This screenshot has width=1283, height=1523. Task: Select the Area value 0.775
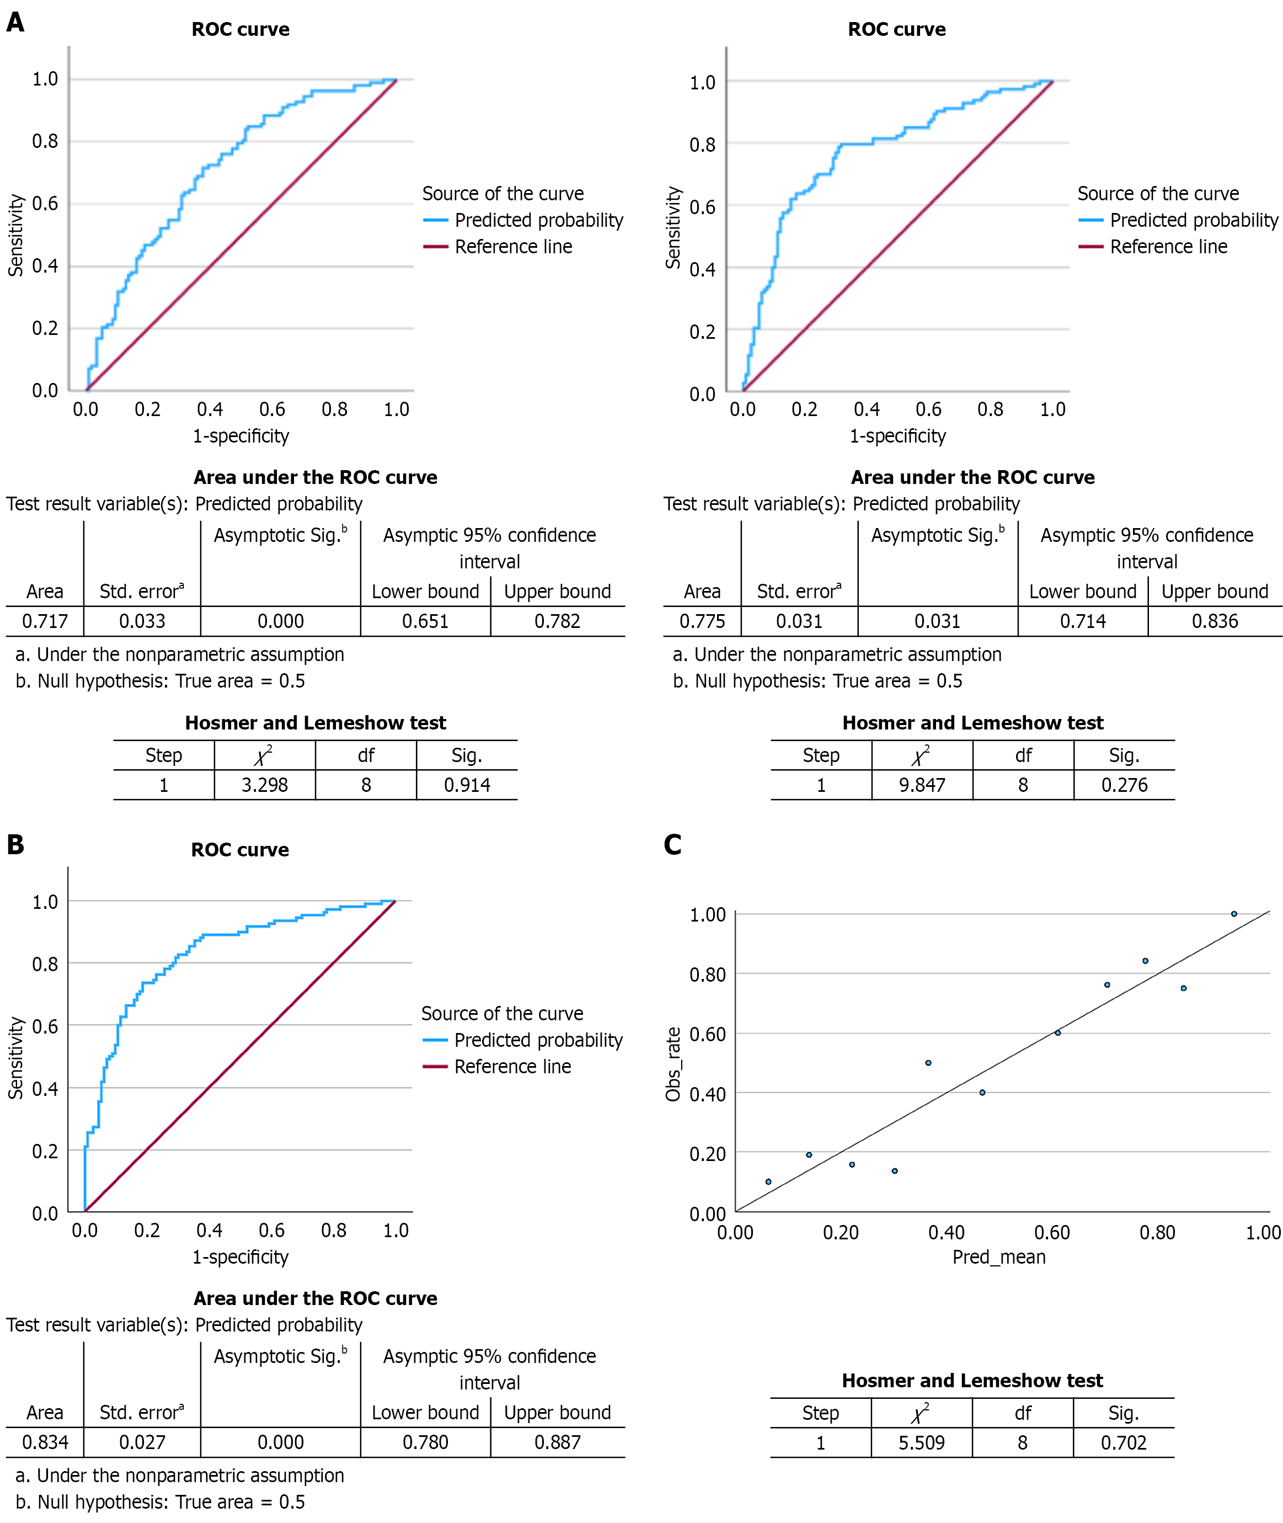(702, 621)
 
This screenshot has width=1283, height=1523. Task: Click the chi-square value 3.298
(265, 785)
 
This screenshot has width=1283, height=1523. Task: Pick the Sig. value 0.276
(1124, 785)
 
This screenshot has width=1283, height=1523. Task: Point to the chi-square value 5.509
(922, 1442)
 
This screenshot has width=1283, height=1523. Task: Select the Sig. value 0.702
(1123, 1442)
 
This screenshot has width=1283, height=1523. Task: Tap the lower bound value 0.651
(425, 621)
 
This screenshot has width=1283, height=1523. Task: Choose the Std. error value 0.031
(799, 621)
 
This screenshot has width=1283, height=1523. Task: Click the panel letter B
(15, 844)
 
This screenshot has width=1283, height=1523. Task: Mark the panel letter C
(673, 844)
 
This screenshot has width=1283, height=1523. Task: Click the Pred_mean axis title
(998, 1256)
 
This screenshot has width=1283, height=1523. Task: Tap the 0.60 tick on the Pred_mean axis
(1052, 1232)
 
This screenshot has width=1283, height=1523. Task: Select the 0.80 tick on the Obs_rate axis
(708, 974)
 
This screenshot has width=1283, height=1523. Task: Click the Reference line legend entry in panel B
(513, 1066)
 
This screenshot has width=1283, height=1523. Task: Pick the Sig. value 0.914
(467, 785)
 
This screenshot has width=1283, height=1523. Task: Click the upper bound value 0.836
(1215, 621)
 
